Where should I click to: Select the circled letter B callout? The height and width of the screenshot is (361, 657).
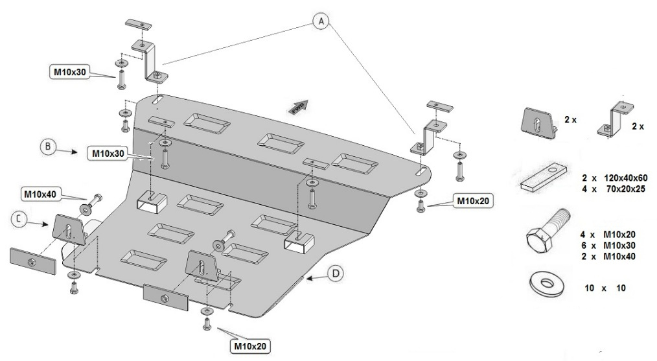(x=48, y=146)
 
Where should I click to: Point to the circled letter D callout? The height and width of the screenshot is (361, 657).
(x=334, y=274)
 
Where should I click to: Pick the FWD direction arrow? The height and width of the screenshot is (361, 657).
(x=298, y=107)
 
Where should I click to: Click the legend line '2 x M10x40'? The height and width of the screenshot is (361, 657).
(x=606, y=255)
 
